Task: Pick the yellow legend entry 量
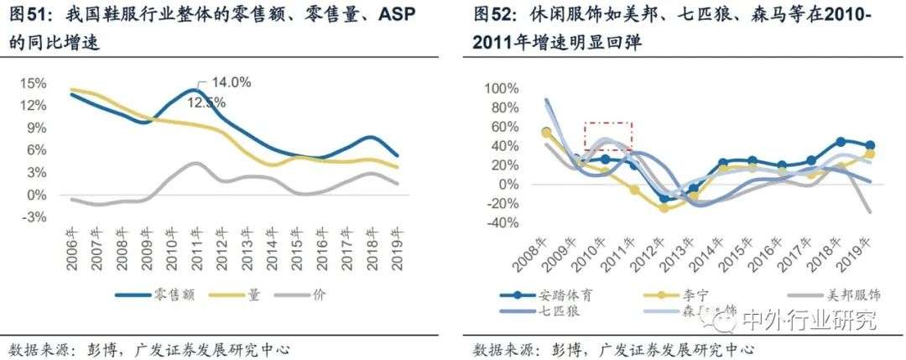(244, 294)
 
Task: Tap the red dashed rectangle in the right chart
(608, 136)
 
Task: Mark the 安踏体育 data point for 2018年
(841, 142)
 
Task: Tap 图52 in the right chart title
(492, 16)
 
